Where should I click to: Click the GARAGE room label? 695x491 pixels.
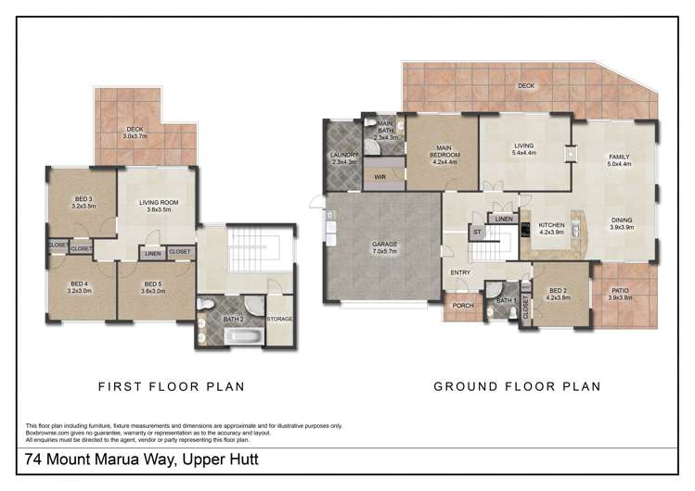tap(383, 244)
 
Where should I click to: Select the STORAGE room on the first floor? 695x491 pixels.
tap(279, 320)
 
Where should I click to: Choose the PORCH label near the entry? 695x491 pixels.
tap(462, 306)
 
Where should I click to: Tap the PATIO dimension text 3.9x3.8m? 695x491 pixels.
tap(619, 297)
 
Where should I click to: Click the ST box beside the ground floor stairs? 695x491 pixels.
tap(478, 233)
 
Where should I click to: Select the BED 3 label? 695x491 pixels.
tap(83, 198)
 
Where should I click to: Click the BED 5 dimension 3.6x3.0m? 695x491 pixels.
tap(153, 290)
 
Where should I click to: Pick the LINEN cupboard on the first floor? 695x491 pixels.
tap(151, 251)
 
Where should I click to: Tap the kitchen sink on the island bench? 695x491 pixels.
tap(576, 226)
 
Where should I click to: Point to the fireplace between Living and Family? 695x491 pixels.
tap(569, 154)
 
